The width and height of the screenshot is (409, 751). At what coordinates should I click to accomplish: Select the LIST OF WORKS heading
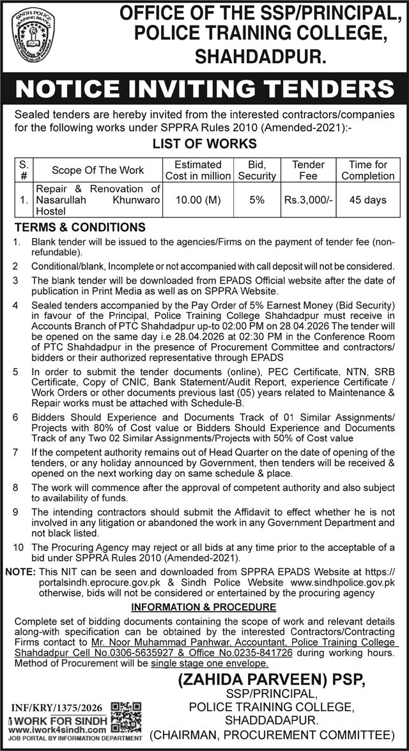pos(204,143)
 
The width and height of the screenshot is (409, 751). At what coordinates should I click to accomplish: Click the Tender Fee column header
pos(308,170)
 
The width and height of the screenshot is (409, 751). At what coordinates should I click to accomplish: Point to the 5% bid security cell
pos(257,200)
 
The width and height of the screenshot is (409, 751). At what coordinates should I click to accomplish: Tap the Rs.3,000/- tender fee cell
pos(308,200)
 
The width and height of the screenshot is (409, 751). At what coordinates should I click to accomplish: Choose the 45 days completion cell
pos(368,200)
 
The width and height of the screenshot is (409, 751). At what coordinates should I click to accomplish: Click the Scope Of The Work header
pos(98,171)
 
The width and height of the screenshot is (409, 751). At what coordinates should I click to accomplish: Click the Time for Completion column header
pos(368,170)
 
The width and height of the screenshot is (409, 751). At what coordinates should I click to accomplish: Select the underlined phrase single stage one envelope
pos(206,664)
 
